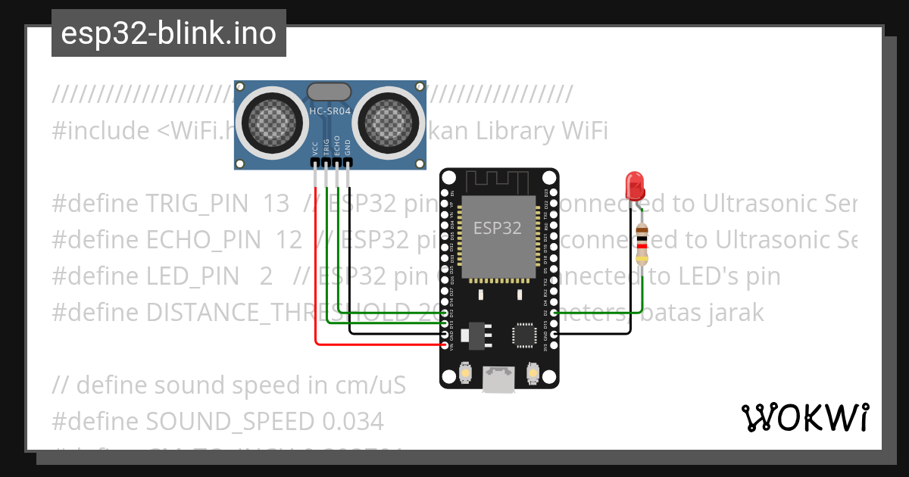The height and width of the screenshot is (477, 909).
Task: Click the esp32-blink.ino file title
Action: point(168,34)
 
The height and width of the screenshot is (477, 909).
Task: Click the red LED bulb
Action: point(634,183)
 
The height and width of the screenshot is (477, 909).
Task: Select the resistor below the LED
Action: point(642,244)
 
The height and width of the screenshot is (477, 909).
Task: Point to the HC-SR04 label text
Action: point(330,111)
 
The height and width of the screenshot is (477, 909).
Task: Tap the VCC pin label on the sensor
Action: point(315,147)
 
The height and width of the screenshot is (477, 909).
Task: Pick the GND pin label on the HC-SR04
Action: point(348,147)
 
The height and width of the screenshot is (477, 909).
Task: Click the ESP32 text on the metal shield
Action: point(497,227)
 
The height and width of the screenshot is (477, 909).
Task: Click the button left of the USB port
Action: point(466,373)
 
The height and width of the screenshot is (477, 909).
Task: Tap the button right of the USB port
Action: point(533,373)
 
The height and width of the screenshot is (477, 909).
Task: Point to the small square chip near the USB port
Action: point(523,335)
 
